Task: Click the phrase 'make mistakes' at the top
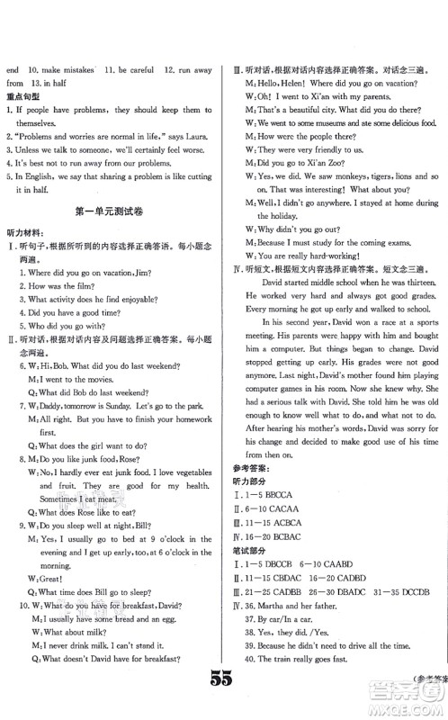pyautogui.click(x=67, y=67)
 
